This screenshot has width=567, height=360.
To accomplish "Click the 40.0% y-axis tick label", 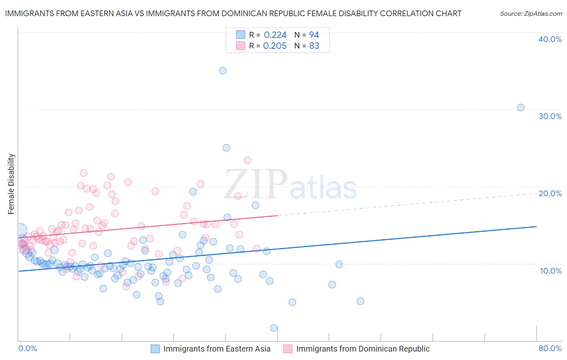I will tap(550, 39).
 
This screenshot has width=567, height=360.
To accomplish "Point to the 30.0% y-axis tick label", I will tap(550, 116).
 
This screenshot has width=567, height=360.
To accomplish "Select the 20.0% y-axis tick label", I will tap(550, 193).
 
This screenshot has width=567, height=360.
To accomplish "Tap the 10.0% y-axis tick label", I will tap(550, 271).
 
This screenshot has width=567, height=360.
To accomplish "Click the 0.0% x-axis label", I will tap(27, 348).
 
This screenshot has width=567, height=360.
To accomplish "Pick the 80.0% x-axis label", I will tap(550, 348).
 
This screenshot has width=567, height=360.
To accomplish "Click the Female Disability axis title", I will tap(11, 184).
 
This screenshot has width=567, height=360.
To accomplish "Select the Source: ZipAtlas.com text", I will tap(531, 14).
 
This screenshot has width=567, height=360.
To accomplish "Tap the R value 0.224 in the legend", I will tap(275, 35).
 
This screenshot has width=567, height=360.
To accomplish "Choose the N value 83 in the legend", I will tap(314, 46).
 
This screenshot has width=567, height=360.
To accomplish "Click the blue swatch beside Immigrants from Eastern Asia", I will tap(155, 349).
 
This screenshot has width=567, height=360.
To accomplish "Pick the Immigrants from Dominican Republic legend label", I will tap(363, 349).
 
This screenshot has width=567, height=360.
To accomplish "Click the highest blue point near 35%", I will tap(223, 71).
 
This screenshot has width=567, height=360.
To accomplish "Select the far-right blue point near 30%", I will tap(521, 107).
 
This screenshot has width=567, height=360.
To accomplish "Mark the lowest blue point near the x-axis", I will tap(274, 328).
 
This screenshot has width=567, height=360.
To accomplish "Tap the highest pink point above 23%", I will tap(247, 160).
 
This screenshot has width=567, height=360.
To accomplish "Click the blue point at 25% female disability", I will tap(226, 148).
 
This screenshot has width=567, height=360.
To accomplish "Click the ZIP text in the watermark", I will tap(256, 184).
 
